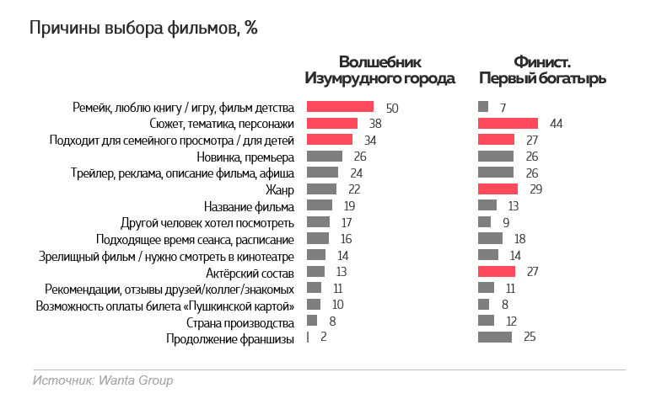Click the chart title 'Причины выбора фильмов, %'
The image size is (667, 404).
[x=143, y=29]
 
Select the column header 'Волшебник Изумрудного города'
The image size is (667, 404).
[x=379, y=71]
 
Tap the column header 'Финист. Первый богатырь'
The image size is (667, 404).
[x=542, y=71]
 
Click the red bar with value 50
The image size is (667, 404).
[x=340, y=107]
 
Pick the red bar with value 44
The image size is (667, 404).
[x=508, y=124]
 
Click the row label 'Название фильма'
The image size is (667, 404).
[x=249, y=206]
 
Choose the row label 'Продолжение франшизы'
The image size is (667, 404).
[x=231, y=338]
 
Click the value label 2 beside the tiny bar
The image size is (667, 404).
[x=324, y=338]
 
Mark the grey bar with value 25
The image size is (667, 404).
[x=495, y=338]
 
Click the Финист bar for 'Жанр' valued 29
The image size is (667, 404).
[x=498, y=189]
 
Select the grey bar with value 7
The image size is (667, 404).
[x=483, y=107]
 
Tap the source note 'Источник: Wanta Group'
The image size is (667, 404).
[x=103, y=380]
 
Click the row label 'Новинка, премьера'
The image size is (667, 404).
[x=245, y=157]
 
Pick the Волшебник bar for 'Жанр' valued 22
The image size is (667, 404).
[x=321, y=189]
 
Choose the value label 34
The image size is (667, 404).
[x=370, y=140]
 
